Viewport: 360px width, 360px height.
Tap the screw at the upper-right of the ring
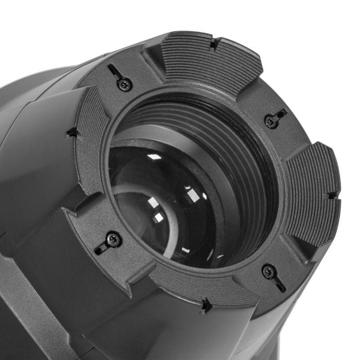pos(270,120)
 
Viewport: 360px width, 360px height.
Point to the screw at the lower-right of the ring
pos(268,272)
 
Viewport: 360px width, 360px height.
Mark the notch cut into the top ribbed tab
pos(214,44)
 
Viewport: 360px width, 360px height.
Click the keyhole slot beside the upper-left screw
pos(113,72)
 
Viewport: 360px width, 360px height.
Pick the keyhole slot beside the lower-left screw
pos(100,249)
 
